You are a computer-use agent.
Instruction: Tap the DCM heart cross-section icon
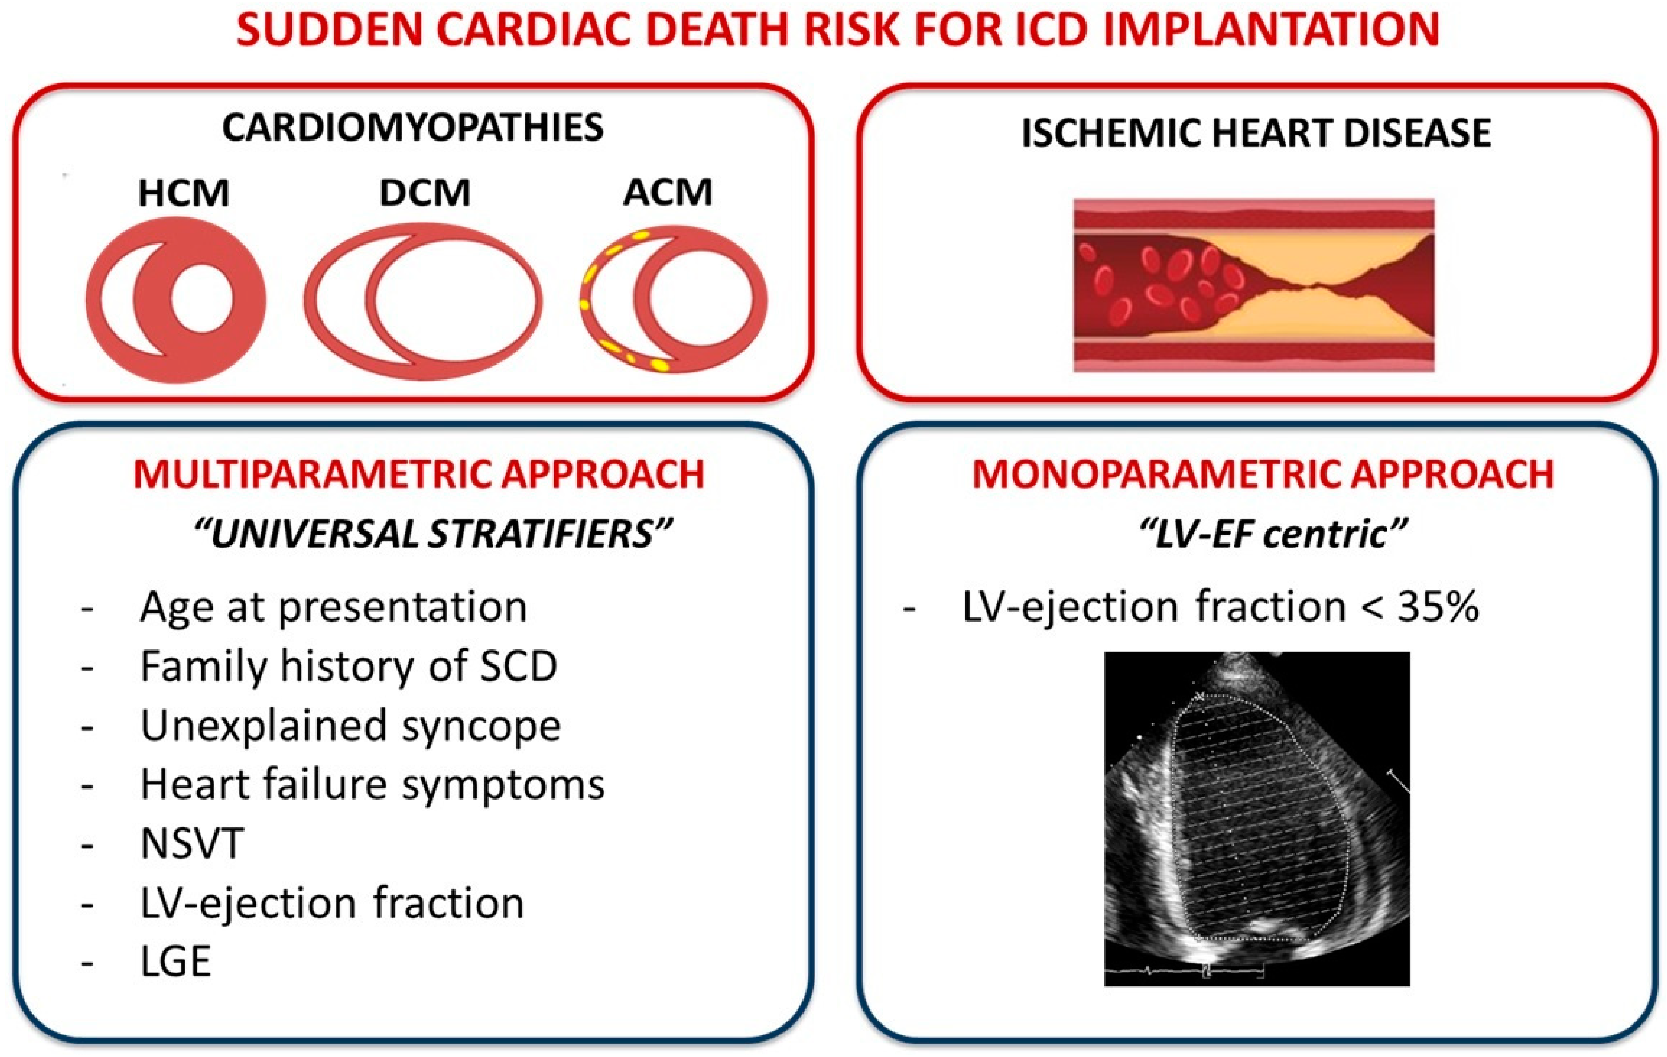pos(424,302)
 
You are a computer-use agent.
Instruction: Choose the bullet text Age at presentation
pos(333,607)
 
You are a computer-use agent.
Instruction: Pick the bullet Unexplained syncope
pos(350,726)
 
